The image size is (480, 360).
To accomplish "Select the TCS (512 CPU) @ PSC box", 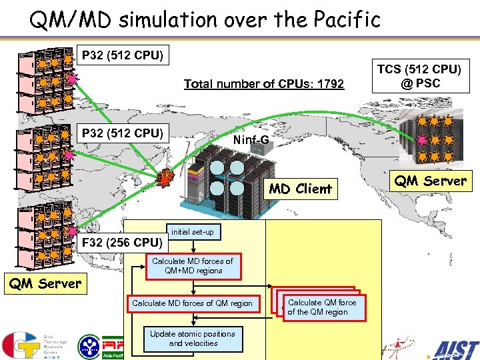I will [x=419, y=76].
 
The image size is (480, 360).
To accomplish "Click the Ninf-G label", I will [x=251, y=140].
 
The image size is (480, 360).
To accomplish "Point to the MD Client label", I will [x=300, y=189].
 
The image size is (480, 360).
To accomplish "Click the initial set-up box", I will [x=192, y=232].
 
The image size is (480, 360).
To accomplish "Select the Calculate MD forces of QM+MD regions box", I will [x=192, y=266].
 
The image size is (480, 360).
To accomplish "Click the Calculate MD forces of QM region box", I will [x=192, y=303].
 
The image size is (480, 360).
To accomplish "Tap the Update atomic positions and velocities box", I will [x=192, y=339].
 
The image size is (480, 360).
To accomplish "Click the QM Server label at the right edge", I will [x=430, y=181].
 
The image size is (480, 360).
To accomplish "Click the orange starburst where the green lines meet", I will [x=165, y=178].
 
